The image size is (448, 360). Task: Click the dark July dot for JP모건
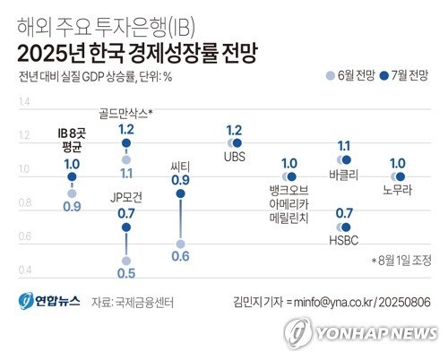pyautogui.click(x=126, y=227)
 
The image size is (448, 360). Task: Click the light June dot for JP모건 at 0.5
pyautogui.click(x=126, y=261)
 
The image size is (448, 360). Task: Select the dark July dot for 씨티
pyautogui.click(x=181, y=193)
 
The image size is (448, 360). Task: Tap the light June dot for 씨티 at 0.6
pyautogui.click(x=181, y=244)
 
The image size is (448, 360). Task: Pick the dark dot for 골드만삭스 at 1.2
pyautogui.click(x=126, y=143)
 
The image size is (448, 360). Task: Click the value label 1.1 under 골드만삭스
pyautogui.click(x=126, y=173)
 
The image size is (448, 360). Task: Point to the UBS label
pyautogui.click(x=235, y=159)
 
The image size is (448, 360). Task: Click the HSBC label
pyautogui.click(x=344, y=241)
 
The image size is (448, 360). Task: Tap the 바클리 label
pyautogui.click(x=344, y=176)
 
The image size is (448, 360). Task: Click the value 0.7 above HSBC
pyautogui.click(x=344, y=213)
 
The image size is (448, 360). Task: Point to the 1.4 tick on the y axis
pyautogui.click(x=23, y=102)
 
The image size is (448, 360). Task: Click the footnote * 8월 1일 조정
pyautogui.click(x=401, y=261)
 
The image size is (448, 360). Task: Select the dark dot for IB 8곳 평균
pyautogui.click(x=72, y=177)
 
